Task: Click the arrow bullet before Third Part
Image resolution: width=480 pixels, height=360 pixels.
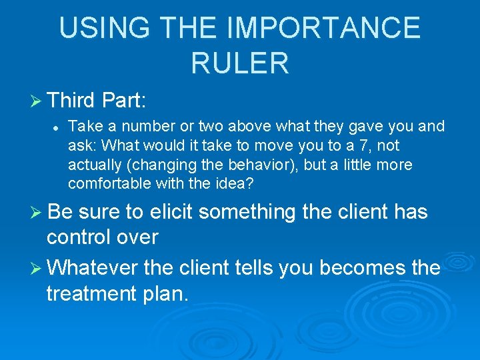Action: [37, 101]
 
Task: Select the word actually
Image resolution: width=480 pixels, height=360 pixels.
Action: [93, 165]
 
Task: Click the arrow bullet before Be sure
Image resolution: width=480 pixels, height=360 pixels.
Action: [37, 213]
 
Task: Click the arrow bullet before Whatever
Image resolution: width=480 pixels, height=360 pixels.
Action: [37, 269]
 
